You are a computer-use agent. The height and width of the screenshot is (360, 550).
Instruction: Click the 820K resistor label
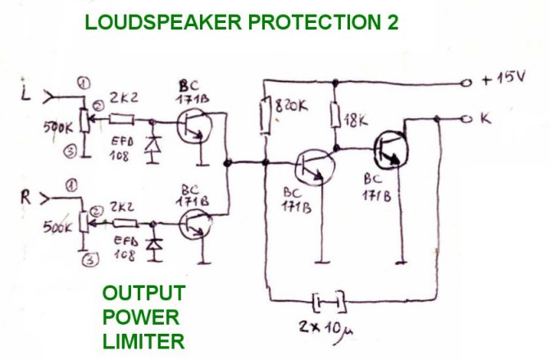[x=293, y=107]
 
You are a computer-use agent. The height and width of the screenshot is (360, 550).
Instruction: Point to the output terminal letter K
[x=486, y=120]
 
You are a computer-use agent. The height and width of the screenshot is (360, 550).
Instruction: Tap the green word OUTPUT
[x=143, y=294]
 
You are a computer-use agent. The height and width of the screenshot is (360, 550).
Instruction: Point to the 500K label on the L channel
[x=57, y=129]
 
